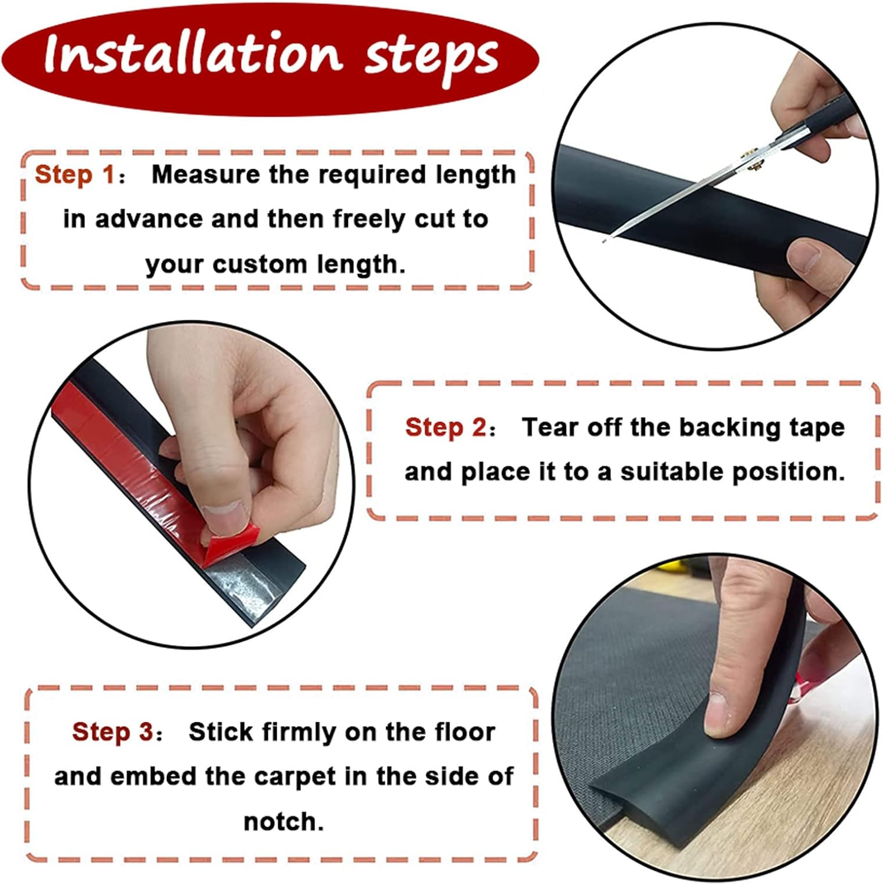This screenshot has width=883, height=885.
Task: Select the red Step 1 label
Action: (75, 175)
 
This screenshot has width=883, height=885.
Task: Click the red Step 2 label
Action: (445, 427)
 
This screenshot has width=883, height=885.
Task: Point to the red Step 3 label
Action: (113, 732)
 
